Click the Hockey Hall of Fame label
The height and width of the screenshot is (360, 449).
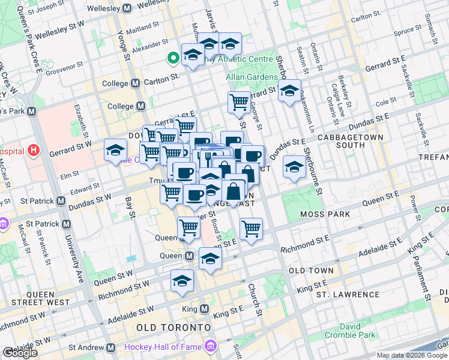pos(162,347)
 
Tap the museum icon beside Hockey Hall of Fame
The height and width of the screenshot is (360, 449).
pos(210,347)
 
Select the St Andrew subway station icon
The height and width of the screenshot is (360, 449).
pos(110,347)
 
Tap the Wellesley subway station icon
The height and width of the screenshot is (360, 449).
pos(127,10)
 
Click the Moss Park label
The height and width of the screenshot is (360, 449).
pos(313,214)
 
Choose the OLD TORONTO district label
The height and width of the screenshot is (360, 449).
pos(173,328)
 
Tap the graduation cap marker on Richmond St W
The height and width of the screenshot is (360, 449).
pos(182,280)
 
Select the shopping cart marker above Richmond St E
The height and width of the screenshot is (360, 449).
pos(251,227)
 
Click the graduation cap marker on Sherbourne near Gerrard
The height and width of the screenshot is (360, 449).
pos(290,90)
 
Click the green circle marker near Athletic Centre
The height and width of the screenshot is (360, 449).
pos(173,58)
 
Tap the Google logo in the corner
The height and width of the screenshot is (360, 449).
pos(20,353)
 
